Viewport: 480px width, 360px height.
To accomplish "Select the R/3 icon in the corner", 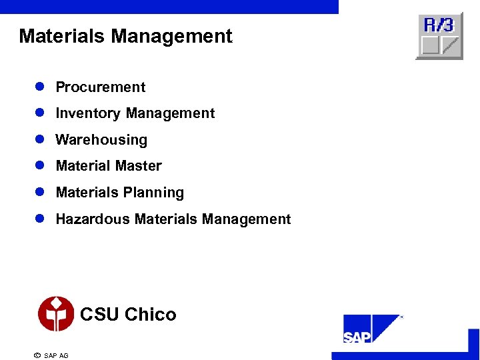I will pos(439,36).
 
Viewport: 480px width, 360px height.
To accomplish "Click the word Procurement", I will pos(101,87).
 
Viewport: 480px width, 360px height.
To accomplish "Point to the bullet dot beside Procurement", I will pos(40,87).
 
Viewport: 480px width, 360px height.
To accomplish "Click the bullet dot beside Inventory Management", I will pos(40,113).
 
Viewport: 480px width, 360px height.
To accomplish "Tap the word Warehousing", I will pos(101,140).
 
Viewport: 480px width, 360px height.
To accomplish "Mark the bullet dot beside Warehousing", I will pos(40,139).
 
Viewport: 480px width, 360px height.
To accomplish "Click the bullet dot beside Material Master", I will pos(40,165).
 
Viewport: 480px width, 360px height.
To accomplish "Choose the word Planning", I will pos(155,193).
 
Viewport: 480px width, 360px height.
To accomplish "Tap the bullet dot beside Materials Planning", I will pos(40,192).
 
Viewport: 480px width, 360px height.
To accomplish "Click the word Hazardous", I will pos(93,219).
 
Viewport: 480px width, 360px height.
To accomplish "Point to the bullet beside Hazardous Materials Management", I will pos(40,218).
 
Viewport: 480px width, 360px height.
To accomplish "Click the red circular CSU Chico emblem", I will pos(56,314).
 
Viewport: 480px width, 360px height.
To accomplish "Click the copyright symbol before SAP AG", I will pos(37,355).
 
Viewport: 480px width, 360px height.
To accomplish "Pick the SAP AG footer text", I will pos(56,355).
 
